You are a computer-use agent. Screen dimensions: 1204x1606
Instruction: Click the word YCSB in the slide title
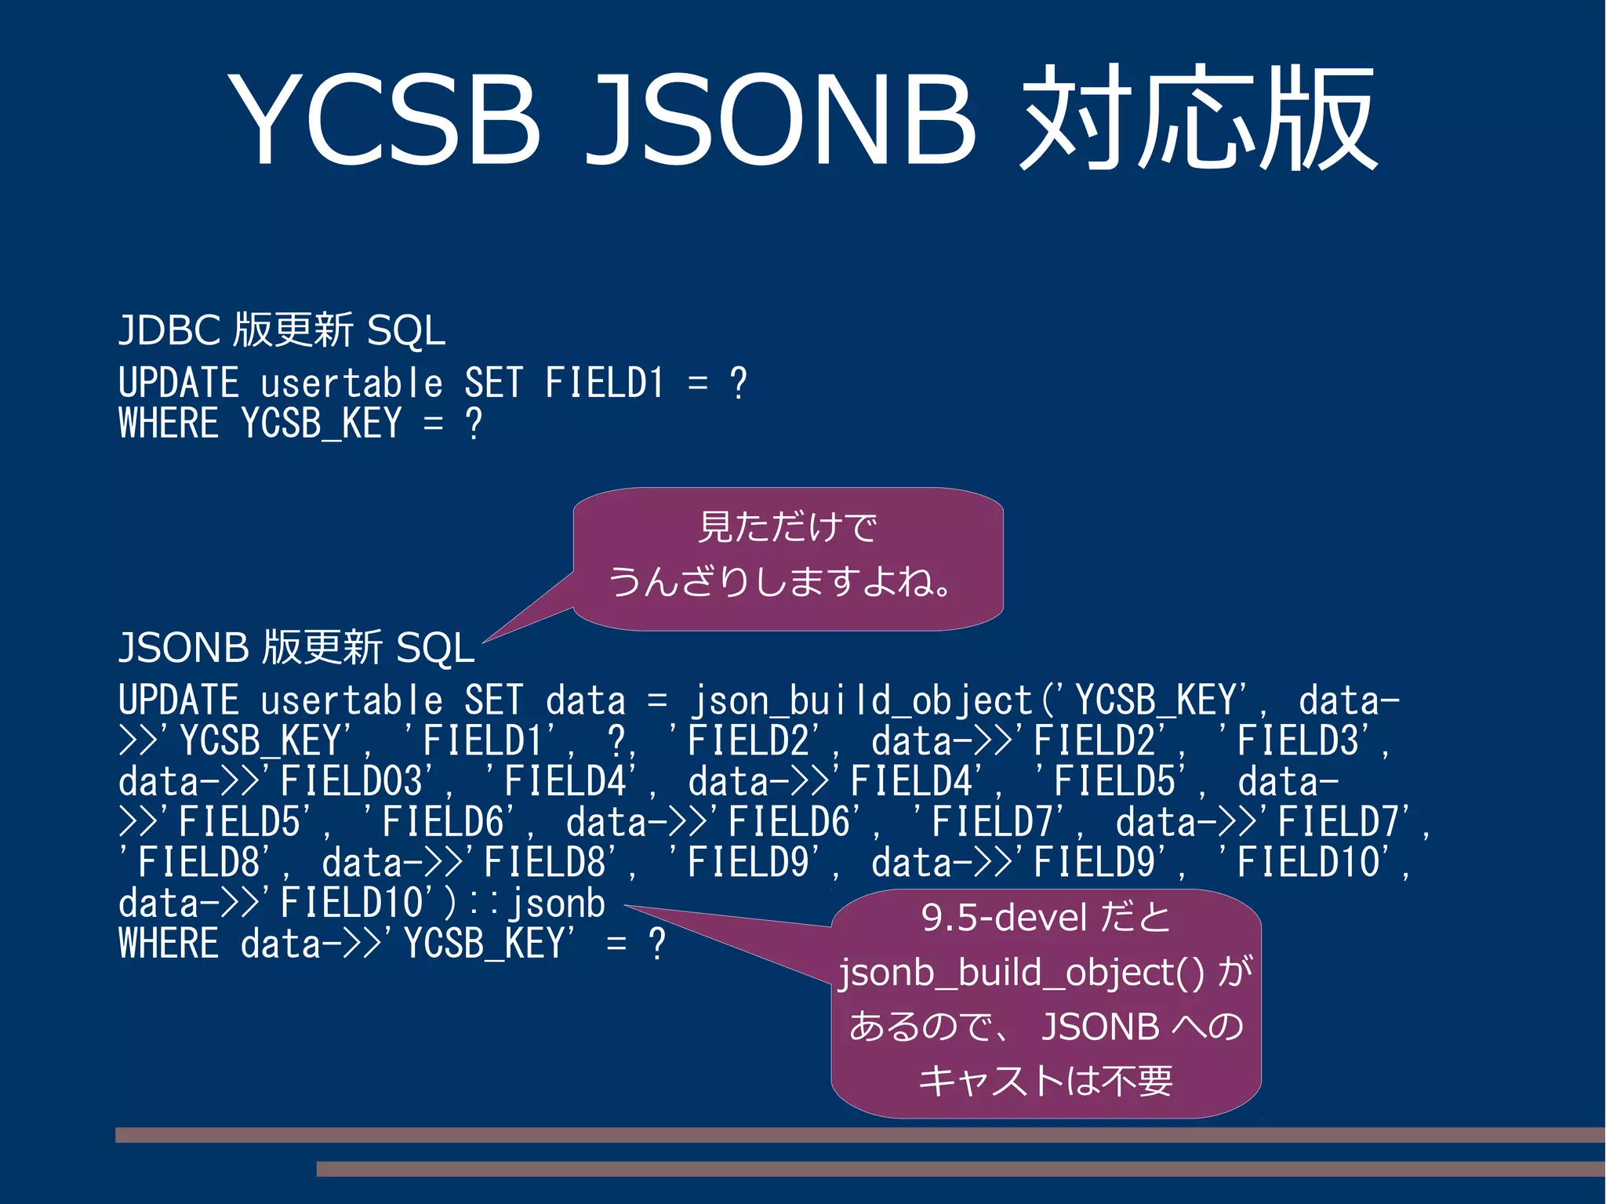384,119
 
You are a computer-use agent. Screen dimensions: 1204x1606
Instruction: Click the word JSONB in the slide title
780,119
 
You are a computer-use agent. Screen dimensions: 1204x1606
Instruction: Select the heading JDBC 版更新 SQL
282,329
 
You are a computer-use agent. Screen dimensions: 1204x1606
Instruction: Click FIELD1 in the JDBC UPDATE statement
604,384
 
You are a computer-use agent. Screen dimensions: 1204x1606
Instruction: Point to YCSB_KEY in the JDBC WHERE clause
322,424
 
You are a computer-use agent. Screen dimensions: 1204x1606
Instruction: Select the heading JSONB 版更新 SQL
296,648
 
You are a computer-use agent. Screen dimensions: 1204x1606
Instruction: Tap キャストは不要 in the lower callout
1045,1081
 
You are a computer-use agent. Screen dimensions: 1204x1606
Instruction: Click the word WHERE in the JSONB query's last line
169,944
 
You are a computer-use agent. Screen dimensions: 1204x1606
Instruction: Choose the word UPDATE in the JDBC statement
179,384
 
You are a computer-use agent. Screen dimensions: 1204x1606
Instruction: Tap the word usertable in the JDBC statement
351,384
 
